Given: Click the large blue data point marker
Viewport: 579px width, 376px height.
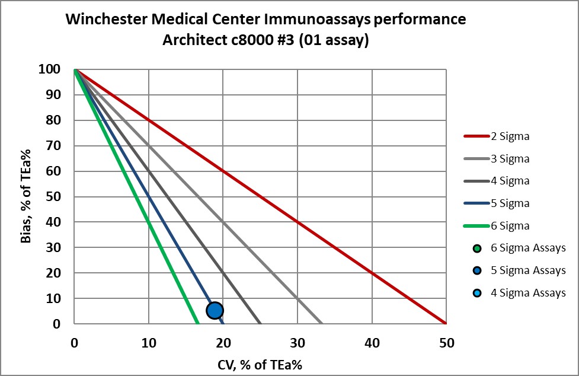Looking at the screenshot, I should [x=215, y=310].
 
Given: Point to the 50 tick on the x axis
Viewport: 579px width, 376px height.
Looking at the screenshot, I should [x=446, y=343].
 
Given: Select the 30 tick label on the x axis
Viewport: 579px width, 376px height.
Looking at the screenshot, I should [x=298, y=343].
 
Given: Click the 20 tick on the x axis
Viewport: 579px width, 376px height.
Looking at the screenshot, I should [x=223, y=343].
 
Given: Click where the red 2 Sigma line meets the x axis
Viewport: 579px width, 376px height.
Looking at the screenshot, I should [x=446, y=324].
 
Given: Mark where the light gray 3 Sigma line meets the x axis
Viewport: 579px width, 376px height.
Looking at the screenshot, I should [x=322, y=324].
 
